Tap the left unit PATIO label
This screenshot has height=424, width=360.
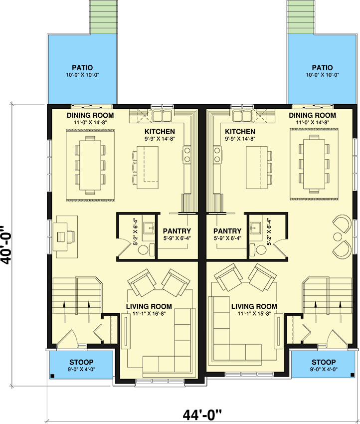[82, 68]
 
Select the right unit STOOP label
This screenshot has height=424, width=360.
[324, 362]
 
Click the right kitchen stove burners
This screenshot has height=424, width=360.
[217, 155]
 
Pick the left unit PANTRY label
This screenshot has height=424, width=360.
[177, 231]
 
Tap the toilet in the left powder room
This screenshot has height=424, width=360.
[146, 249]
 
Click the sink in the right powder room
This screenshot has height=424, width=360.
[255, 228]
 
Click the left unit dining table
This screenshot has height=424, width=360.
[90, 165]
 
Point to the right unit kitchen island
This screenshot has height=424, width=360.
[257, 168]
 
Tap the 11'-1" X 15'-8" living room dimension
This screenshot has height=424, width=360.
[254, 314]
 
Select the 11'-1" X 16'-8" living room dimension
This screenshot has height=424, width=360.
[149, 314]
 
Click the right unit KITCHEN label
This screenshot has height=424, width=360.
[240, 132]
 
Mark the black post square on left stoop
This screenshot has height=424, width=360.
[52, 376]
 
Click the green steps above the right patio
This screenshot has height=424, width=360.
[301, 17]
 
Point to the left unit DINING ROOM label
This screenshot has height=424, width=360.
[90, 115]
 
